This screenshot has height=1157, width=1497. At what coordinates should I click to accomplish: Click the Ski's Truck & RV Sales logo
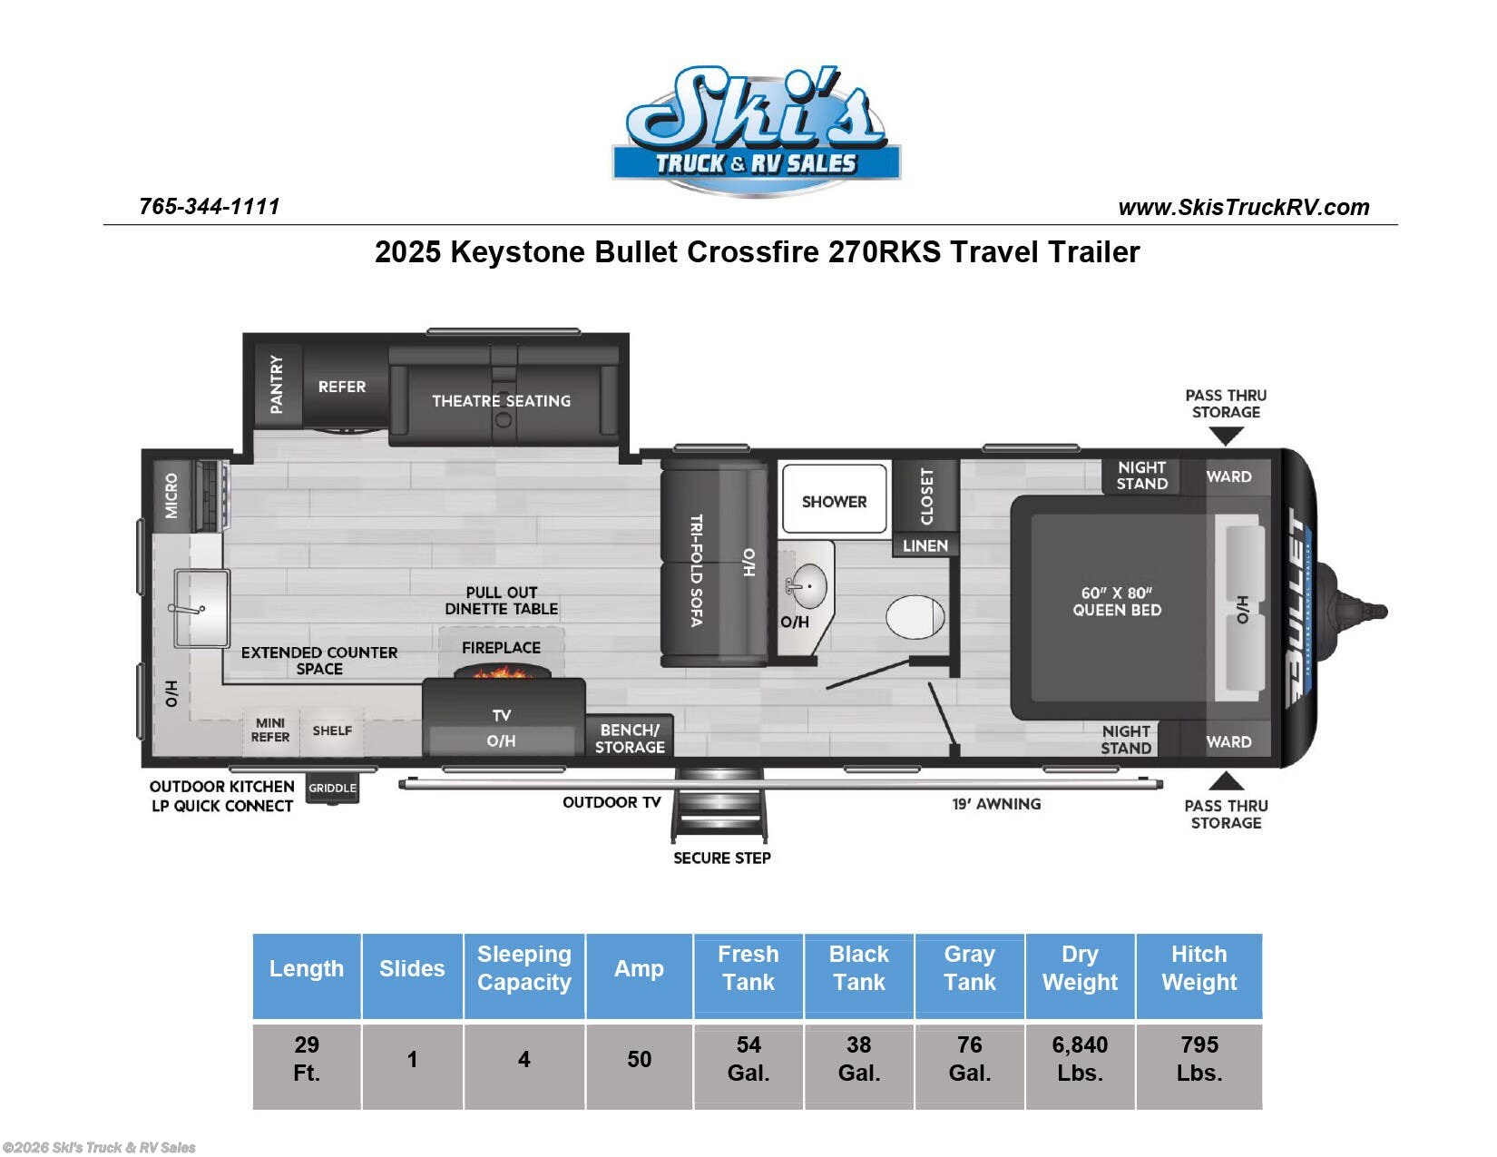pos(755,132)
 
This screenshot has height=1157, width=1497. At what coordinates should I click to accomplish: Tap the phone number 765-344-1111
pos(210,207)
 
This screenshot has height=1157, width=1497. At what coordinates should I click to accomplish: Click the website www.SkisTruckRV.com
pos(1243,208)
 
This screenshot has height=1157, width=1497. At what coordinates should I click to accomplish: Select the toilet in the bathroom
pos(915,618)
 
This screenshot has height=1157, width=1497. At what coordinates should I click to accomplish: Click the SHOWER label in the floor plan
pos(834,502)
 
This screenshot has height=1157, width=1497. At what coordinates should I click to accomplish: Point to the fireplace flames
pos(502,672)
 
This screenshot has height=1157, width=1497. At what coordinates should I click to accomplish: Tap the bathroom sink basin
pos(806,586)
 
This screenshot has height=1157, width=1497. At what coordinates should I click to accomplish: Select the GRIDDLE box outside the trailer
pos(332,788)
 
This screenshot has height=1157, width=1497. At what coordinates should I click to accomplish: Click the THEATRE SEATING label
pos(501,401)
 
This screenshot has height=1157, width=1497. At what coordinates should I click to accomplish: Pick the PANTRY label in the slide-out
pos(277,385)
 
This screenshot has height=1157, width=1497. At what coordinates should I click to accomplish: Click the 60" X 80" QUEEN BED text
pos(1117,602)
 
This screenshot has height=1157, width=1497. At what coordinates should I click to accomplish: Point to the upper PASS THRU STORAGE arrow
pos(1226,436)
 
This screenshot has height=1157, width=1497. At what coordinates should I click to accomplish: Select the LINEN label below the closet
pos(925,545)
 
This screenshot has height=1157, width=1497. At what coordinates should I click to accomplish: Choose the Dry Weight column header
pos(1080,968)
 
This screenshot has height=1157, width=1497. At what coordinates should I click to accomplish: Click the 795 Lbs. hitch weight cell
pos(1199,1059)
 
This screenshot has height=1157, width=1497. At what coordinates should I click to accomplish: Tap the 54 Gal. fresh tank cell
pos(748,1059)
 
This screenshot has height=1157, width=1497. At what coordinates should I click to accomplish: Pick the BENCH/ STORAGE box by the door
pos(630,738)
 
